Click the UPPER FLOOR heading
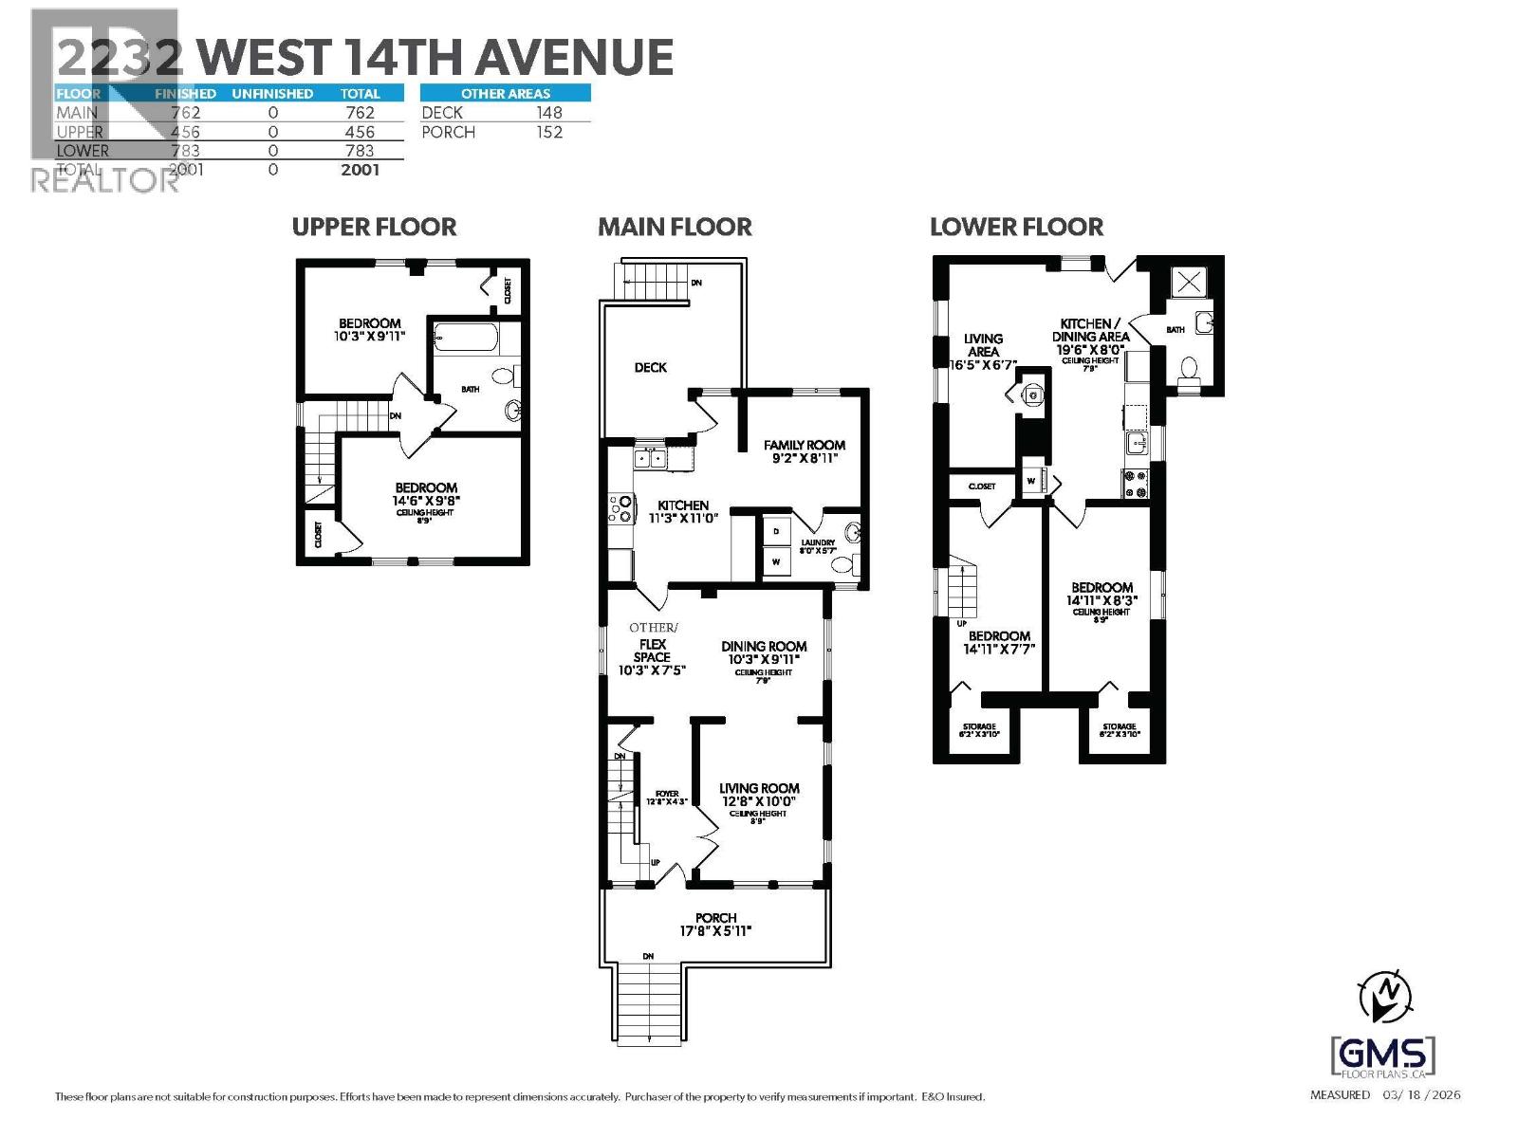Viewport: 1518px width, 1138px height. tap(374, 228)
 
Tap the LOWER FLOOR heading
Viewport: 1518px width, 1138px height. tap(1016, 228)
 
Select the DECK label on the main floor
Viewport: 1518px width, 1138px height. tap(650, 367)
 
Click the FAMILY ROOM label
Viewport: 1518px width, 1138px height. tap(804, 445)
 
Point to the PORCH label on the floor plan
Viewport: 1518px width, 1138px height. tap(715, 918)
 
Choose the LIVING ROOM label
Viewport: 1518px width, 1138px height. tap(759, 788)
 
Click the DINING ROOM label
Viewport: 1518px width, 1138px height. tap(763, 647)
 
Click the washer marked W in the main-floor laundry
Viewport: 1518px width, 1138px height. tap(776, 562)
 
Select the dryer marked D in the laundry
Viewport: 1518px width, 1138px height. tap(776, 531)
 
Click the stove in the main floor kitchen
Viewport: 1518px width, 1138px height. tap(621, 508)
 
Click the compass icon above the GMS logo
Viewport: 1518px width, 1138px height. tap(1384, 997)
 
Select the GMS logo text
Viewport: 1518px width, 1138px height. tap(1383, 1055)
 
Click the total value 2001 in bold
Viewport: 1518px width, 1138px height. tap(360, 170)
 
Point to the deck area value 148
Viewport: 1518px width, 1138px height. tap(548, 113)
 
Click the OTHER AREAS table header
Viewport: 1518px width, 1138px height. tap(505, 93)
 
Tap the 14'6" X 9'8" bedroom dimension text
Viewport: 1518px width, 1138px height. tap(426, 501)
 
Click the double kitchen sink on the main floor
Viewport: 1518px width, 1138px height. tap(650, 459)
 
